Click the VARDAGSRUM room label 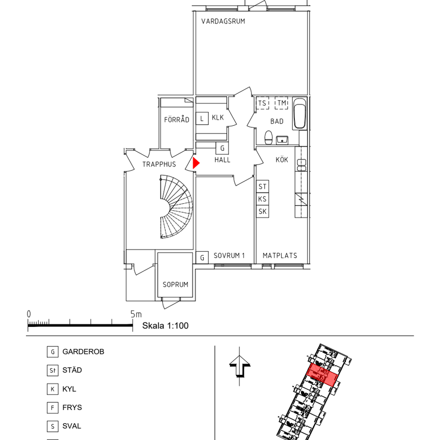click(x=223, y=21)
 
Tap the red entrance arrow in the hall click(x=196, y=163)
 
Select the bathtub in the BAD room click(x=299, y=114)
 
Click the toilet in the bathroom click(x=268, y=137)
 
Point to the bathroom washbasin click(x=282, y=140)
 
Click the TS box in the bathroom click(x=262, y=103)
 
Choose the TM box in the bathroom click(x=282, y=103)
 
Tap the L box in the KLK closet click(x=202, y=119)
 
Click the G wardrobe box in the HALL click(x=222, y=148)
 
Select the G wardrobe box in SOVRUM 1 click(x=202, y=257)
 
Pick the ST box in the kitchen click(x=262, y=186)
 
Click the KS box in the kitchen click(x=262, y=199)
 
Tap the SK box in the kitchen click(x=262, y=211)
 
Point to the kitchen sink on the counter click(x=301, y=165)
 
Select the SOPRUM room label click(x=175, y=285)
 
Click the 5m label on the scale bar click(x=136, y=314)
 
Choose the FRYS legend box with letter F click(x=52, y=407)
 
